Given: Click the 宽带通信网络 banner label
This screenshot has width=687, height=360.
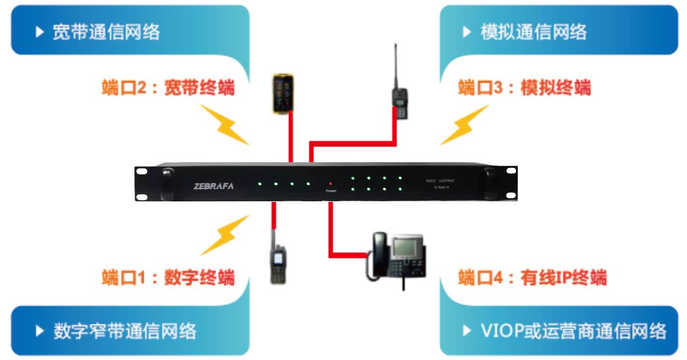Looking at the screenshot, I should coord(106,32).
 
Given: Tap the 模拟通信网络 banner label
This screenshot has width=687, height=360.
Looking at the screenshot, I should coord(533,32).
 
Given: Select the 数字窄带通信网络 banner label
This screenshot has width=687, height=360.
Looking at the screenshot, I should coord(124,331).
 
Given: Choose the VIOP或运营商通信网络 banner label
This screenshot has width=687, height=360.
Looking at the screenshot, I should coord(573,331).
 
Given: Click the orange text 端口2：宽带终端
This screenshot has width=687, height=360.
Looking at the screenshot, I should coord(168,88).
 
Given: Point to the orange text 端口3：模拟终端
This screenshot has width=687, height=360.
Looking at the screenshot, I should coord(524,88).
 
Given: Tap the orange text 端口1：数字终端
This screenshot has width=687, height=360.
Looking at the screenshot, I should coord(168,277).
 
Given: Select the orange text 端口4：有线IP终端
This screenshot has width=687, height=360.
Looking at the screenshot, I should coord(532,277).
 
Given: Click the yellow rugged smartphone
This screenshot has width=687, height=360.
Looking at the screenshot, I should coord(284,93).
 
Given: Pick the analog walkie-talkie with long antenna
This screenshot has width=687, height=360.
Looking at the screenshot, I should coord(399,99).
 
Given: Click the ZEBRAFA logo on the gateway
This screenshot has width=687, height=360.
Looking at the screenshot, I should coord(213,186).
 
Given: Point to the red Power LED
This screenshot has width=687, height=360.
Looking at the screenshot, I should coord(330,183).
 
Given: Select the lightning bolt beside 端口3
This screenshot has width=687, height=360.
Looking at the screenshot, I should coord(464,125).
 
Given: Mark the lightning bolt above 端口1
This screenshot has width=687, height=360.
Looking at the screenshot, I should coord(225,235).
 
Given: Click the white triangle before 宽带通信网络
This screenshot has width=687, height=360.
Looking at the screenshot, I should coord(39,32).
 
